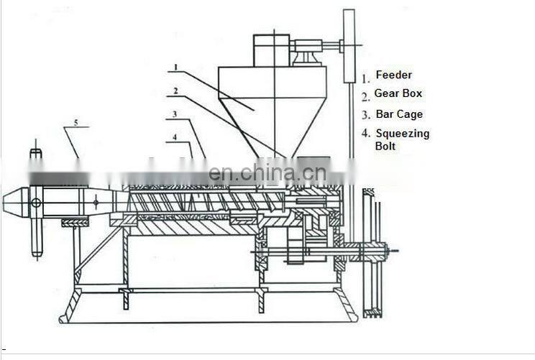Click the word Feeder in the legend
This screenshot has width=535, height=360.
pyautogui.click(x=393, y=75)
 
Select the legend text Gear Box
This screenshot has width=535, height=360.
pyautogui.click(x=398, y=93)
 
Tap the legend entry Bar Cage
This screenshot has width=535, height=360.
pyautogui.click(x=399, y=114)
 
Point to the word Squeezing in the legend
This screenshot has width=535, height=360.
pyautogui.click(x=402, y=133)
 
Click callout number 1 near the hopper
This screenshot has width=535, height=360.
pyautogui.click(x=175, y=68)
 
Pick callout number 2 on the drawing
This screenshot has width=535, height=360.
pyautogui.click(x=175, y=91)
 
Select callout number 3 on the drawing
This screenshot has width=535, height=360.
pyautogui.click(x=175, y=114)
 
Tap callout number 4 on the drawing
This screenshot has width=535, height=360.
pyautogui.click(x=175, y=137)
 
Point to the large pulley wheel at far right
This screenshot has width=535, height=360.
pyautogui.click(x=372, y=251)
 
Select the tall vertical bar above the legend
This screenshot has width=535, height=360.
pyautogui.click(x=349, y=45)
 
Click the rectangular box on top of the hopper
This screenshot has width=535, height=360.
pyautogui.click(x=271, y=50)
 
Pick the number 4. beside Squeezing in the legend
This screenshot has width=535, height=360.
pyautogui.click(x=365, y=134)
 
